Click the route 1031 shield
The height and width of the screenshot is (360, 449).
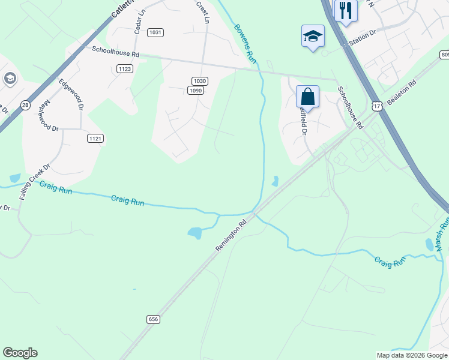click(155, 32)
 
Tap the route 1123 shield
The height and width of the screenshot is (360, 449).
click(125, 69)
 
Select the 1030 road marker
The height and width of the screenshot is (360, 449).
click(200, 81)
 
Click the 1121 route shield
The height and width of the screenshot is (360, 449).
click(95, 138)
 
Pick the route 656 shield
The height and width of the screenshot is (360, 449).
click(153, 320)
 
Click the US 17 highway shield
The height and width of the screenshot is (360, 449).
click(376, 105)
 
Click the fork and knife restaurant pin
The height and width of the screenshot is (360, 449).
click(346, 10)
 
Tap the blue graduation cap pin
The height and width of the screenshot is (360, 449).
click(313, 35)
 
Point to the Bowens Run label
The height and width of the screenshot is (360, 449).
click(245, 41)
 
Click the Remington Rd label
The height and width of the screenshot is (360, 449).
click(231, 235)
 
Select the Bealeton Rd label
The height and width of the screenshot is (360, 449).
click(401, 94)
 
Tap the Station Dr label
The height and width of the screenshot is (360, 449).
click(362, 40)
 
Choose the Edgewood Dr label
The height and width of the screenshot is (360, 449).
click(70, 94)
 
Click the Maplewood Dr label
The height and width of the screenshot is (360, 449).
click(47, 113)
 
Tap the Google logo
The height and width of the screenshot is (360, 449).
click(20, 353)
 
